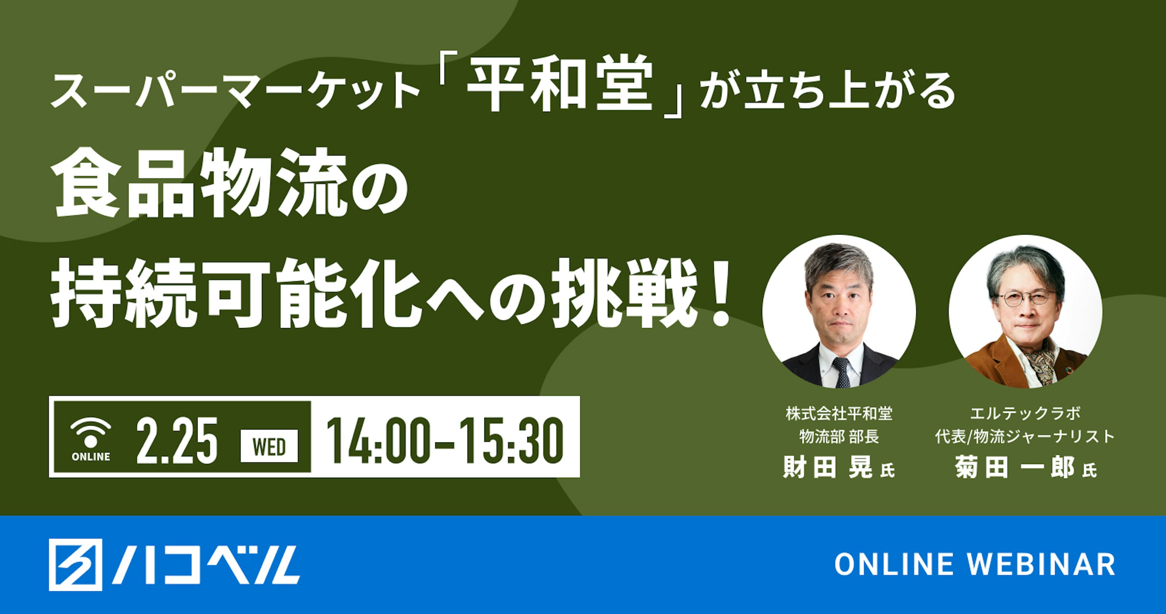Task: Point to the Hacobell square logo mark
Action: pos(76,565)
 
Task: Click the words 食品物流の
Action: pos(231,186)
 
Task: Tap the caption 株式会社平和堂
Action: pos(839,414)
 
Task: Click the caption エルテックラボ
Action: pos(1025,414)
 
